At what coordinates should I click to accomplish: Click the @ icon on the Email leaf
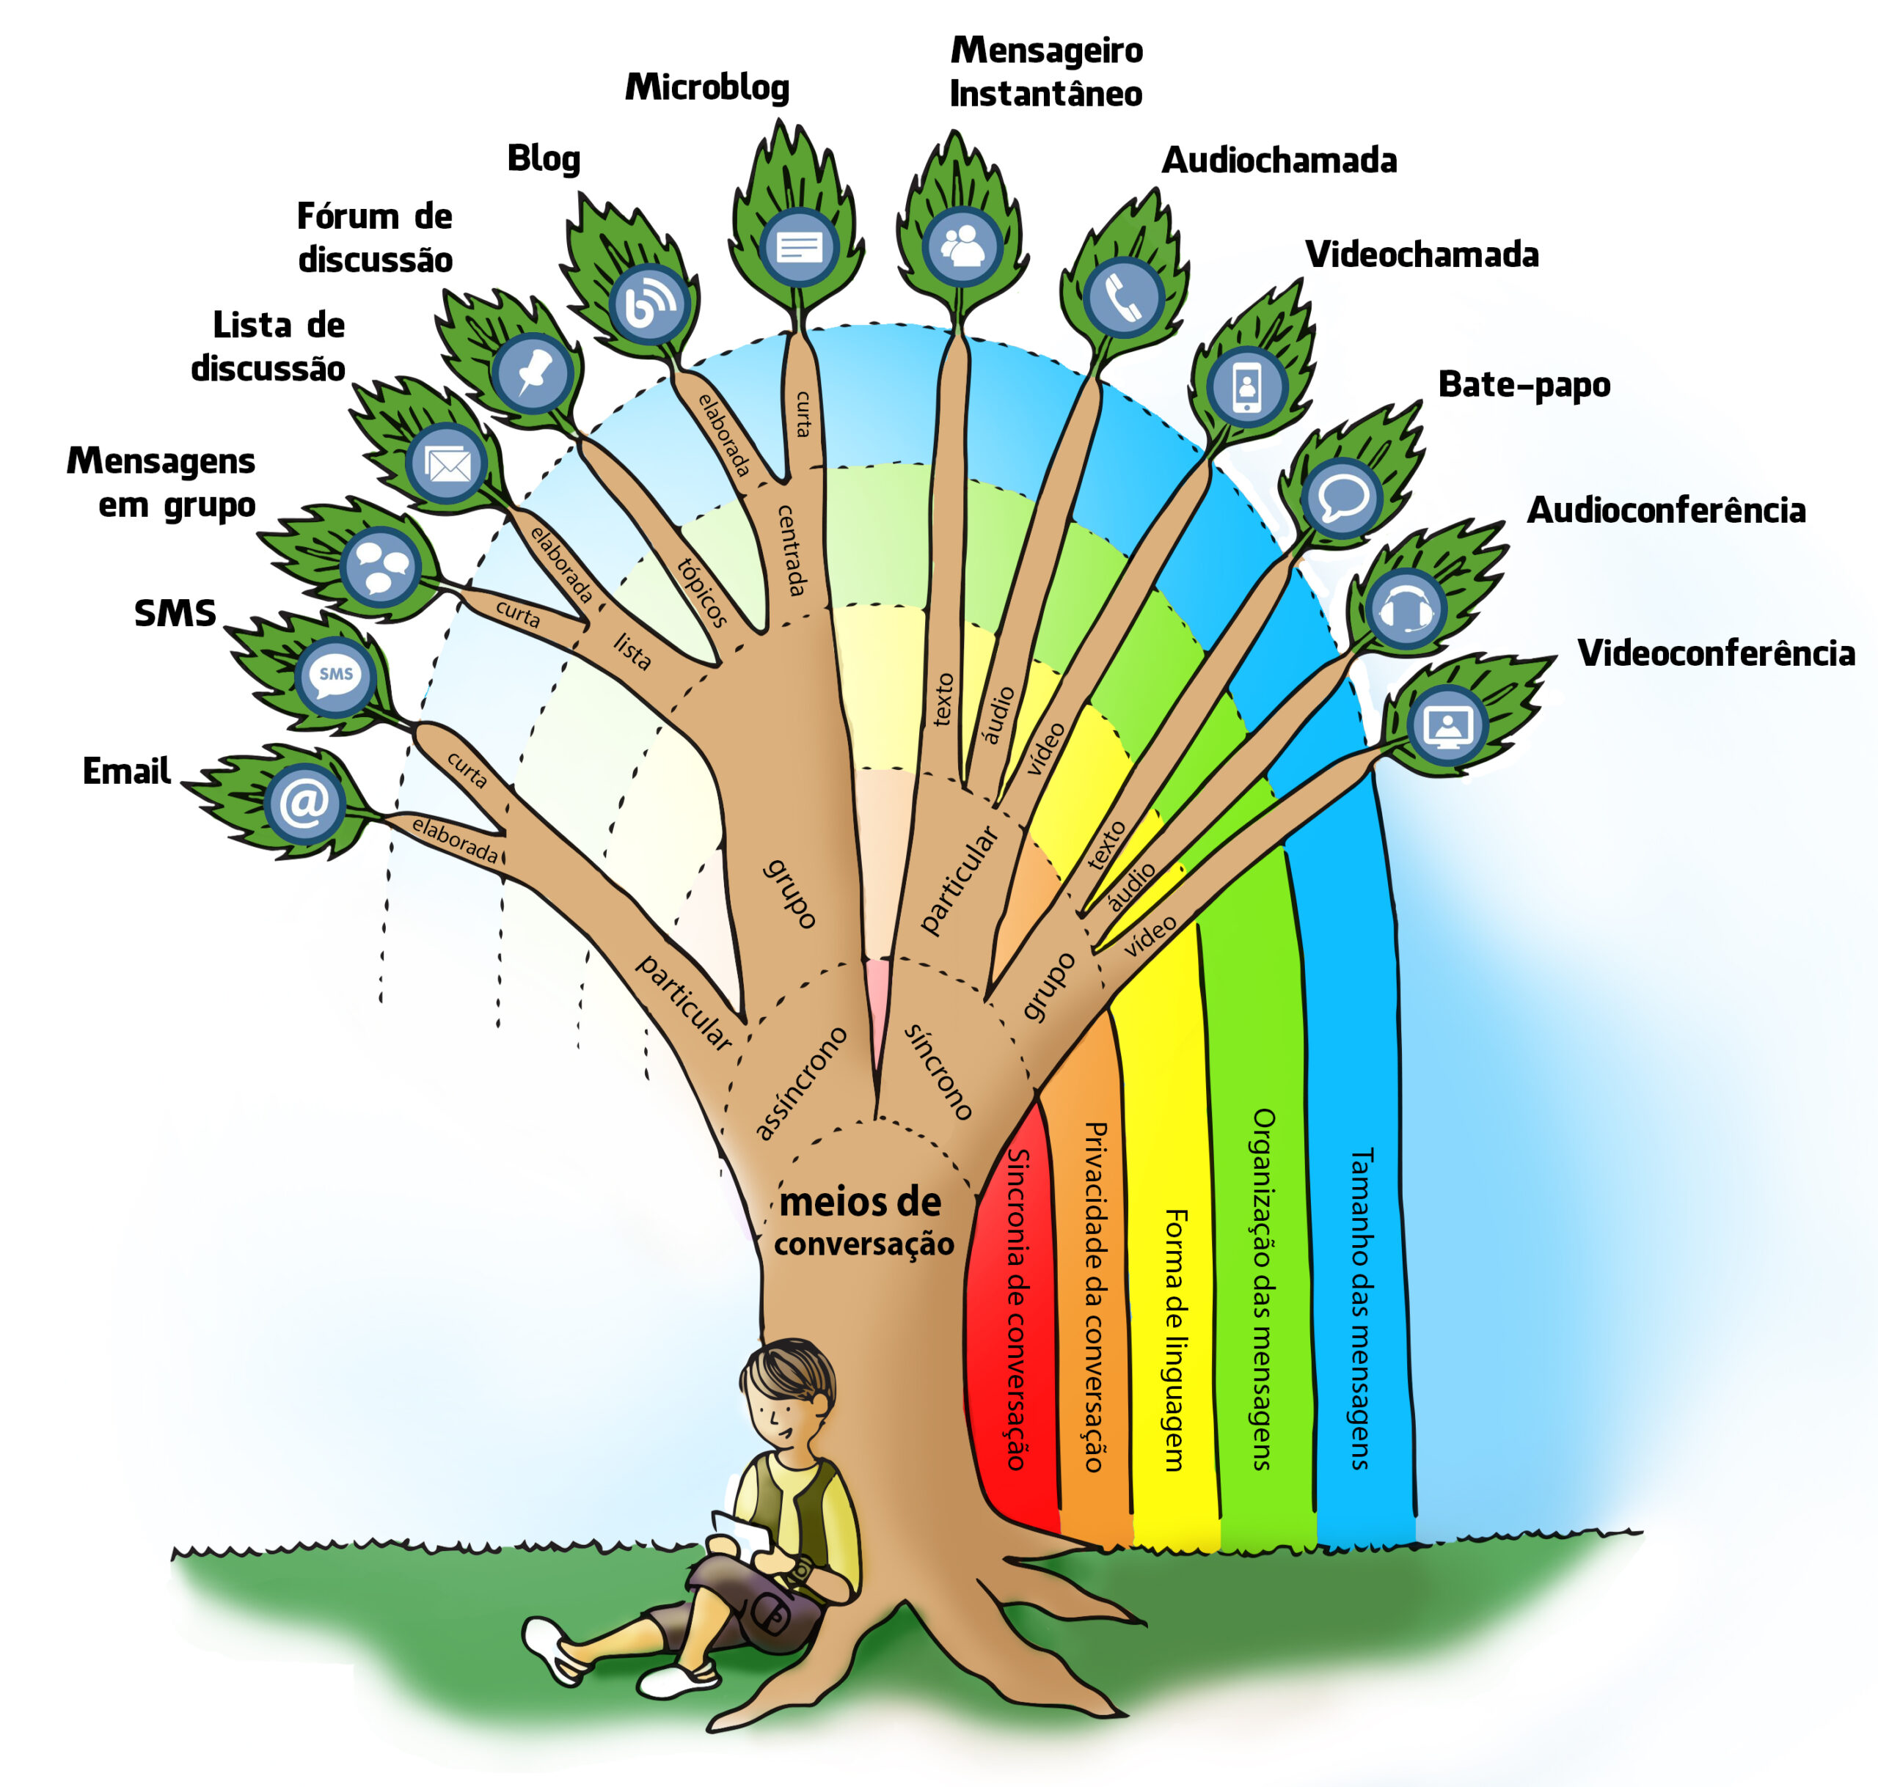[304, 803]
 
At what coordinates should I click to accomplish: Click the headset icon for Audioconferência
[1406, 609]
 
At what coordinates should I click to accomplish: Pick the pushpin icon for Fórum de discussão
[533, 373]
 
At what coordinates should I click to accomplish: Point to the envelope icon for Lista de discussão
[447, 463]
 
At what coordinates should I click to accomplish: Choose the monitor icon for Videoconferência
[1447, 725]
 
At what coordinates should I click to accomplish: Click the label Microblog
[707, 87]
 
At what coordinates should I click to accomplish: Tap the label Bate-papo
[1524, 384]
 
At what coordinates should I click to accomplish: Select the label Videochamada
[1422, 254]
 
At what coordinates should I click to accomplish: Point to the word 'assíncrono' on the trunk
[800, 1082]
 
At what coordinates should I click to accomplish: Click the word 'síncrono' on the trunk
[938, 1071]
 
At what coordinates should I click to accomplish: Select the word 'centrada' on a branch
[792, 550]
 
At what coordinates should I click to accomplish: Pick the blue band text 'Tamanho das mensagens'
[1361, 1308]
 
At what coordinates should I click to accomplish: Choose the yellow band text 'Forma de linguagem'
[1176, 1340]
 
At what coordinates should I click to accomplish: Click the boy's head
[787, 1393]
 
